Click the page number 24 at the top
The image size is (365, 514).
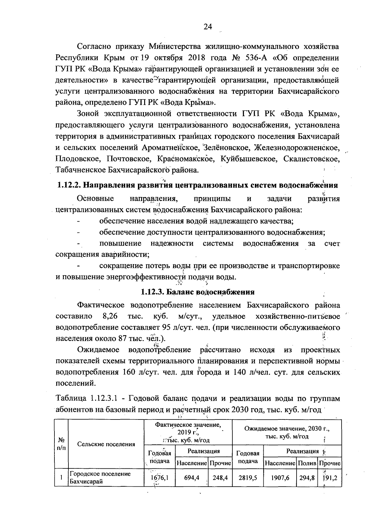point(208,27)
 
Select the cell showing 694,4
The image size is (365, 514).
point(192,478)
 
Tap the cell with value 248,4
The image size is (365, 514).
point(220,478)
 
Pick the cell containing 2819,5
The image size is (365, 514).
point(248,478)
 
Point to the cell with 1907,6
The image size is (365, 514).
point(280,478)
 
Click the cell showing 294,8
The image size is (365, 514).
point(307,478)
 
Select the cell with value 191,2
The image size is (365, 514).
point(330,478)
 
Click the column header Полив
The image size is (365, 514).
point(307,464)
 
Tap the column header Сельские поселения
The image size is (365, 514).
point(106,444)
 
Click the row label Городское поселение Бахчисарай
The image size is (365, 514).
point(100,478)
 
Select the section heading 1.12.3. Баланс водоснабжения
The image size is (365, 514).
point(198,292)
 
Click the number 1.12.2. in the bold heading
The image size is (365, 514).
point(69,185)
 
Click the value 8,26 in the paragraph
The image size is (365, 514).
point(110,316)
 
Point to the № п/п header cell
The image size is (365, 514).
point(61,444)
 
